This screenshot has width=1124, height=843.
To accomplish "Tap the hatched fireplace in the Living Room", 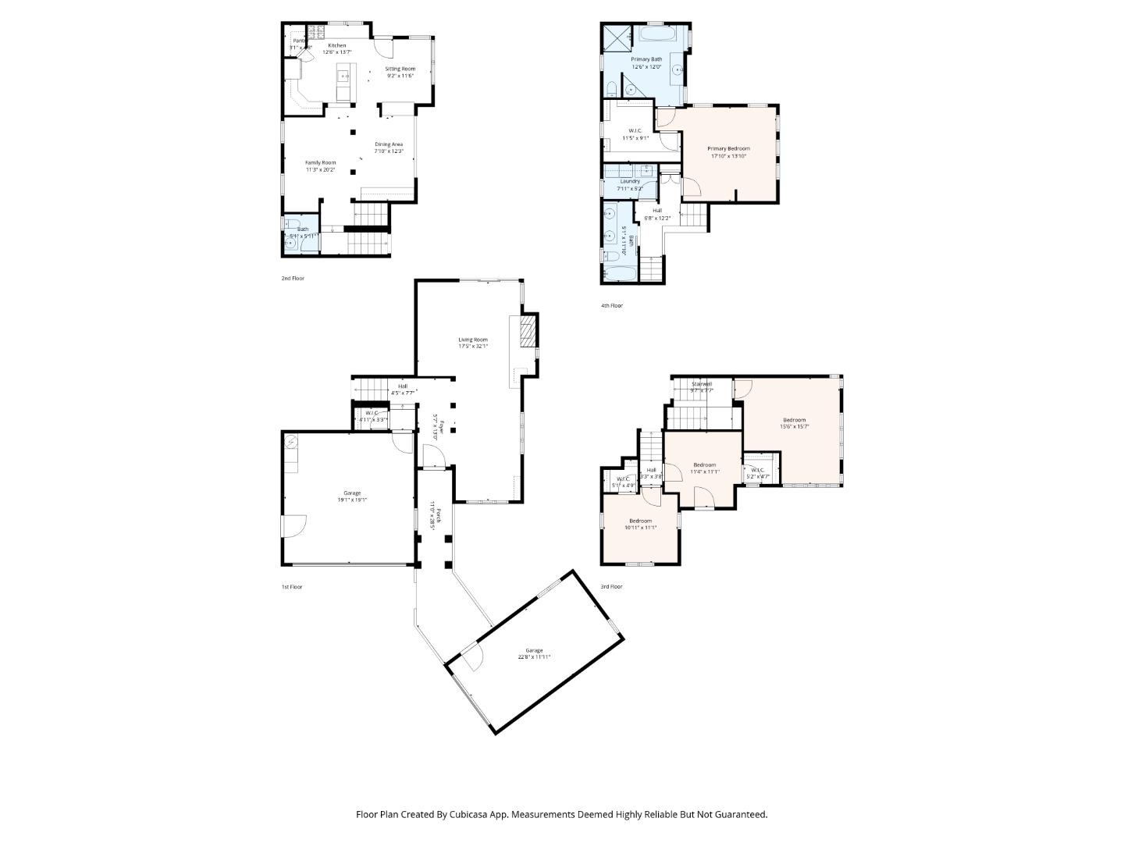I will point(528,330).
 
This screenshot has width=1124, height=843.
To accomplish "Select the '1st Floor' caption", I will point(291,587).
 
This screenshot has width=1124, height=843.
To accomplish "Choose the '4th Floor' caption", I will point(612,306).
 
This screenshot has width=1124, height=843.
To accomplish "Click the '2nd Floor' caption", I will point(293,279).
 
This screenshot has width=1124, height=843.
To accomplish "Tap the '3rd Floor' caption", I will point(611,587).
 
